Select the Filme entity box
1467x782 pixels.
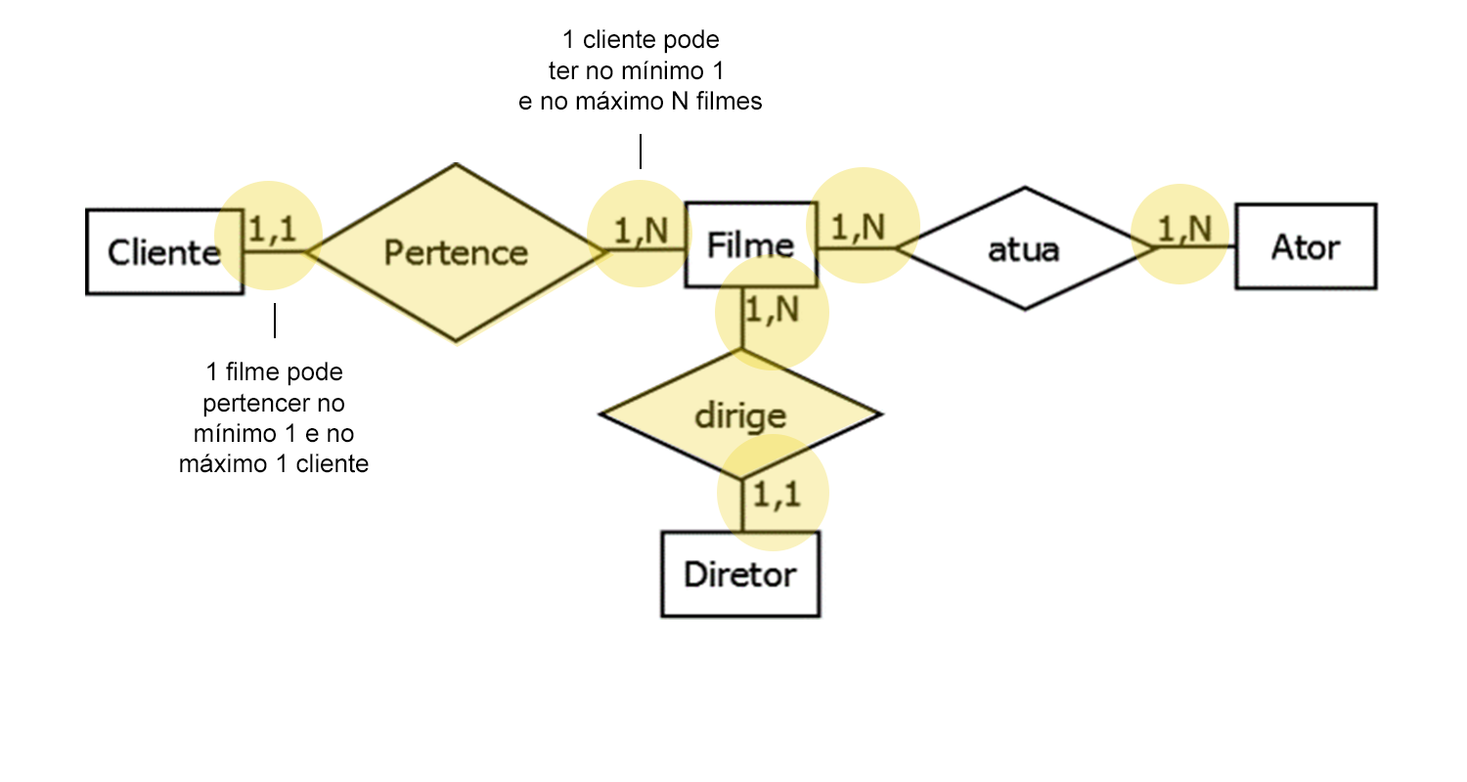(750, 244)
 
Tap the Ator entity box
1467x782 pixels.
(1306, 246)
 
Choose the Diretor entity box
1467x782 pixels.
(739, 574)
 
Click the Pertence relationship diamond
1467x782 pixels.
(456, 252)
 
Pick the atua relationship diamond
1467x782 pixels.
(1024, 249)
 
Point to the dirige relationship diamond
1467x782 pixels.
(740, 415)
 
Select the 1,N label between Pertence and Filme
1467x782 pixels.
(641, 231)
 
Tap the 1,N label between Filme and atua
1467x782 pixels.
(859, 227)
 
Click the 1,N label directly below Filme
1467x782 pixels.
(772, 311)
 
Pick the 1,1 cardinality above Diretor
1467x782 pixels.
(777, 494)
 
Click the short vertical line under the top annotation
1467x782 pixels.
(641, 152)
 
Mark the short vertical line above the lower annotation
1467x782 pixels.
(275, 321)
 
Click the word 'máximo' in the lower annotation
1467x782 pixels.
(216, 463)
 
